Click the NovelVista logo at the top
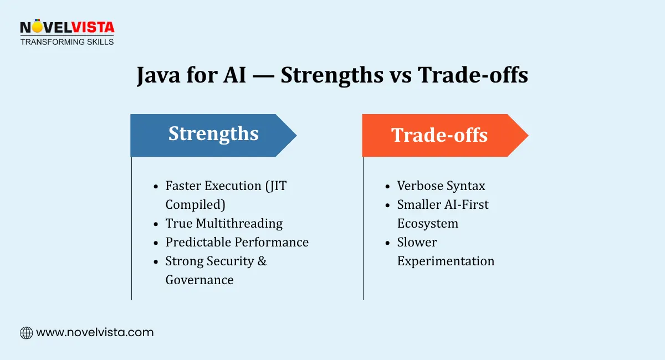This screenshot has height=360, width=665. click(66, 28)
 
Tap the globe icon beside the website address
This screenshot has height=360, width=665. click(26, 333)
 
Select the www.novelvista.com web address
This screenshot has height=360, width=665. click(95, 333)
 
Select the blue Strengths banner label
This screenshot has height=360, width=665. click(213, 135)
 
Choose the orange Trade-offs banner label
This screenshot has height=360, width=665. click(439, 135)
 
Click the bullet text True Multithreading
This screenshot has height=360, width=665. click(224, 223)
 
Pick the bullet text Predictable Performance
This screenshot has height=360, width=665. click(237, 242)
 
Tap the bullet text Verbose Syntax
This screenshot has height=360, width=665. click(441, 186)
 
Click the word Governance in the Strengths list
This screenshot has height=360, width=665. click(199, 280)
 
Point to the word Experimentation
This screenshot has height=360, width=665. click(446, 261)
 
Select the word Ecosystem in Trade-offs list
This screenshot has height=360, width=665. click(427, 223)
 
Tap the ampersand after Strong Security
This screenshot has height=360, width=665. click(262, 261)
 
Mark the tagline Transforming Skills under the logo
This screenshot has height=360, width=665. click(66, 42)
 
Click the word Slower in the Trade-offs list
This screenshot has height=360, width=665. click(417, 242)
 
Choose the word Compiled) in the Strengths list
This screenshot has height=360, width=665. click(195, 204)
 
